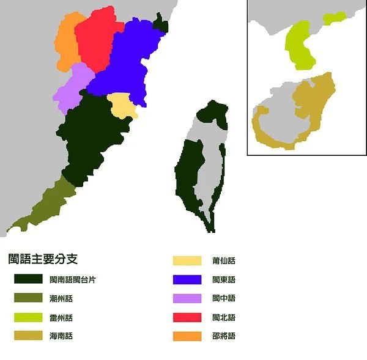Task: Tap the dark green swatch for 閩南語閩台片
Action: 29,279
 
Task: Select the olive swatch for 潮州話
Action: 29,298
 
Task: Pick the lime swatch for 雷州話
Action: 29,317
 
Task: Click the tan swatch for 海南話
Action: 29,336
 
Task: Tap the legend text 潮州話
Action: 61,298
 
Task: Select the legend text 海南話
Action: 61,336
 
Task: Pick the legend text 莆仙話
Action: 223,261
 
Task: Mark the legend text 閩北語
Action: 223,317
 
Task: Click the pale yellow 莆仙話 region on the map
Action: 121,106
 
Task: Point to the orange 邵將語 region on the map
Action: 66,43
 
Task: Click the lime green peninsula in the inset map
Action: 298,46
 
